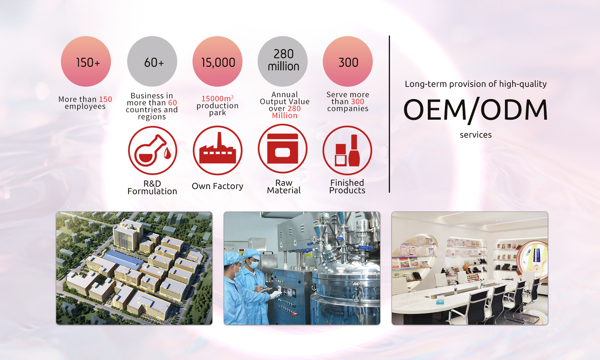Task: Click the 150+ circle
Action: (x=86, y=61)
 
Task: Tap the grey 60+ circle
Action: (x=152, y=61)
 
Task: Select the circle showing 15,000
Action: (x=218, y=61)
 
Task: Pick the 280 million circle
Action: (x=282, y=61)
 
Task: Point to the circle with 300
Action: (x=348, y=61)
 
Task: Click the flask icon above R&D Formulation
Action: (x=153, y=150)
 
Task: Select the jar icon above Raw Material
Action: (x=282, y=149)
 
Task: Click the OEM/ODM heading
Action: (x=475, y=110)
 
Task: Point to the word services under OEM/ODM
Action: (x=476, y=135)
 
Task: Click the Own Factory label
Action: (x=218, y=186)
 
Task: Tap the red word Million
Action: (x=285, y=116)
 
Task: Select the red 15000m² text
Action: (x=218, y=98)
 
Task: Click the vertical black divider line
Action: (x=389, y=114)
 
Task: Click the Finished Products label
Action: (x=347, y=186)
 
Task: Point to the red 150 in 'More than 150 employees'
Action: (x=105, y=99)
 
